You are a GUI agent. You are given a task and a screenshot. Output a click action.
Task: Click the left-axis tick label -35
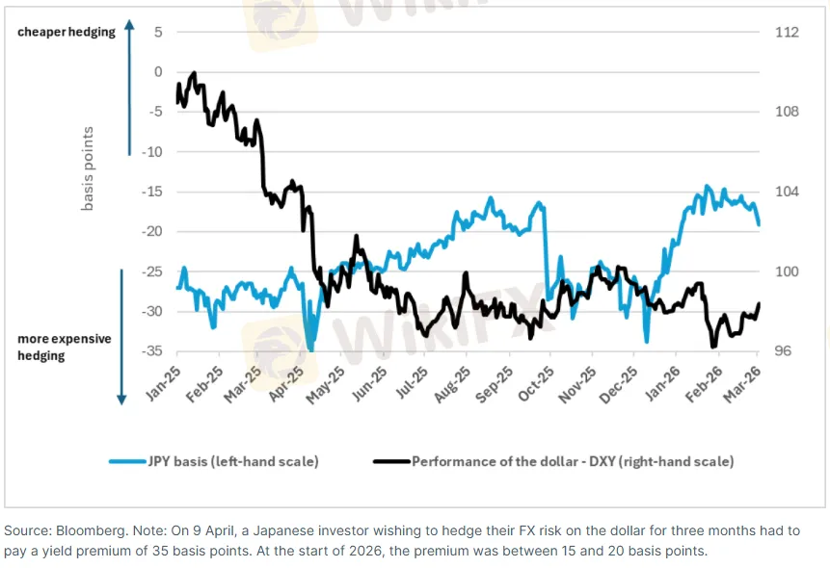(152, 351)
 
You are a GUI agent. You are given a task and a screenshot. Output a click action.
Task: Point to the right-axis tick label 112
(787, 32)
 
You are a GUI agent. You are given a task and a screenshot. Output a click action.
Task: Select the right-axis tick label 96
(783, 351)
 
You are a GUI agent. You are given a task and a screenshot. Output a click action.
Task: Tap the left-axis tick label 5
(157, 32)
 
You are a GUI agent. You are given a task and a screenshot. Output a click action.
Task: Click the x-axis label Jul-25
(412, 384)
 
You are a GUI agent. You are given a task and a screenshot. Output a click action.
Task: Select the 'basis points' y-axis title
(88, 169)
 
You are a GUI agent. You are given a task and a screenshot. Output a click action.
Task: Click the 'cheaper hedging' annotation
(66, 32)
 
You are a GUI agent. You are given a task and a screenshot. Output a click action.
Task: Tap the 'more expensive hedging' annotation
(65, 348)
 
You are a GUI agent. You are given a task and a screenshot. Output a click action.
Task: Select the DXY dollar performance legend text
(573, 461)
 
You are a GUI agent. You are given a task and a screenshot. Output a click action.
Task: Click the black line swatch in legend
(391, 461)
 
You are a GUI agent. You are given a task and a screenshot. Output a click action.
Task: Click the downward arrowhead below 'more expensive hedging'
(122, 399)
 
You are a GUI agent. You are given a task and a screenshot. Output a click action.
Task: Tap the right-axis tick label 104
(787, 192)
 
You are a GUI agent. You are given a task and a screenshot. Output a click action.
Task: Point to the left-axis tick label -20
(152, 232)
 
